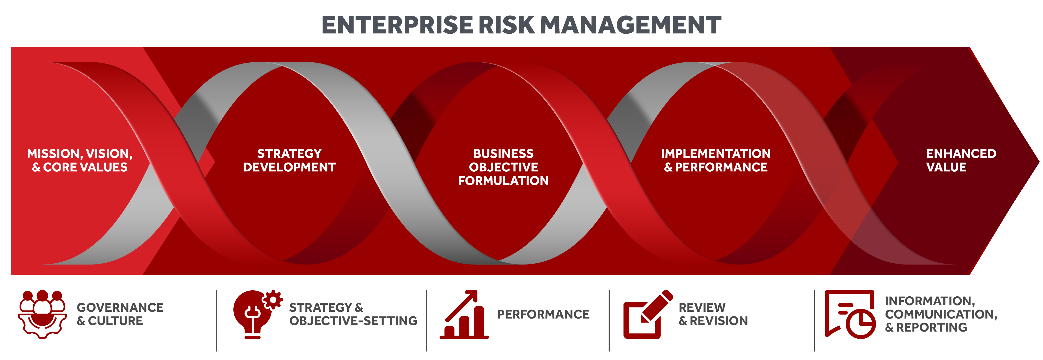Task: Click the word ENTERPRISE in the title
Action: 397,25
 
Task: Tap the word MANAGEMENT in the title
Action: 630,25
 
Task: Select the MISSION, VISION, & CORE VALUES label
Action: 80,160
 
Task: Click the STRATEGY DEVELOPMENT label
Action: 289,160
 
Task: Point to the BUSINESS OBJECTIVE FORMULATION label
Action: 503,167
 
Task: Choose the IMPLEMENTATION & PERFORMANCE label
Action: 715,160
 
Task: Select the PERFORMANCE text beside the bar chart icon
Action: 543,314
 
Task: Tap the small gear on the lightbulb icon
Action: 272,300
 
